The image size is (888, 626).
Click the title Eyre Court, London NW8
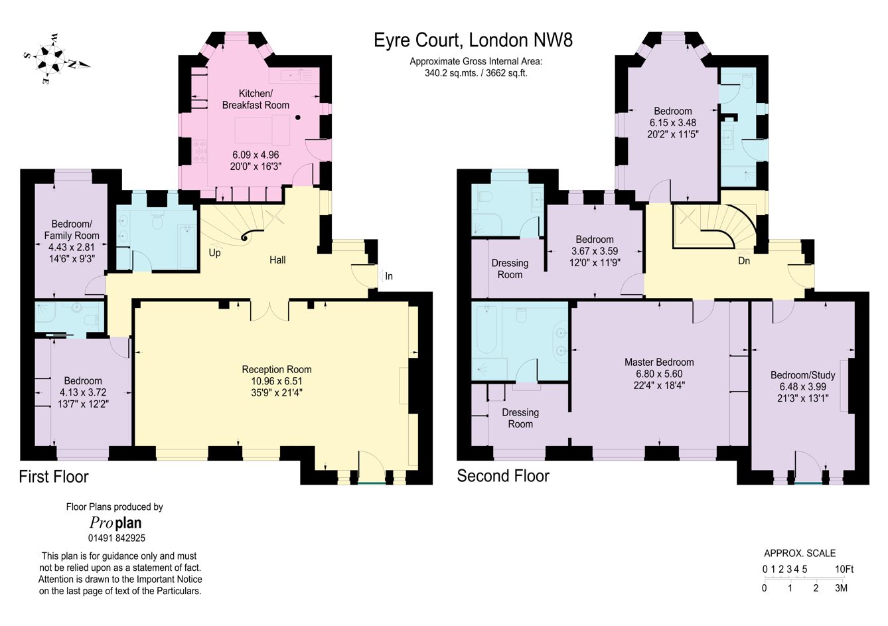(x=473, y=40)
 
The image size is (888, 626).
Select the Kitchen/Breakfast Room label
(x=256, y=99)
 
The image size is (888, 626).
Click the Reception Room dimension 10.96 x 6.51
(x=277, y=381)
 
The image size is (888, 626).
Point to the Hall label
(x=277, y=260)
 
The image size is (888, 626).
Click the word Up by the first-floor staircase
(x=214, y=253)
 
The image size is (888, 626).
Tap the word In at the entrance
(x=389, y=276)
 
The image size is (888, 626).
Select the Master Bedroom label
(x=659, y=362)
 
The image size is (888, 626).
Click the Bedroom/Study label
(x=803, y=375)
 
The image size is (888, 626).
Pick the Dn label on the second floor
(x=744, y=261)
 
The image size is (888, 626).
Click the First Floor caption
(x=54, y=477)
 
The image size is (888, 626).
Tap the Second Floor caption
(x=503, y=476)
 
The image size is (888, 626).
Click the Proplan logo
(x=115, y=523)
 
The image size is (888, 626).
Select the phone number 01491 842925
(x=117, y=538)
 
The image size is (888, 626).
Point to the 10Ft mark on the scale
(x=844, y=569)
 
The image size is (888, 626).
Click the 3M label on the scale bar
(x=841, y=588)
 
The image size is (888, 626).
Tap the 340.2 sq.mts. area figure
(x=451, y=73)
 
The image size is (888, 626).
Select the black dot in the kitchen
(x=298, y=117)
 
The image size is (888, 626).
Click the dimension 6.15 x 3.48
(x=673, y=123)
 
